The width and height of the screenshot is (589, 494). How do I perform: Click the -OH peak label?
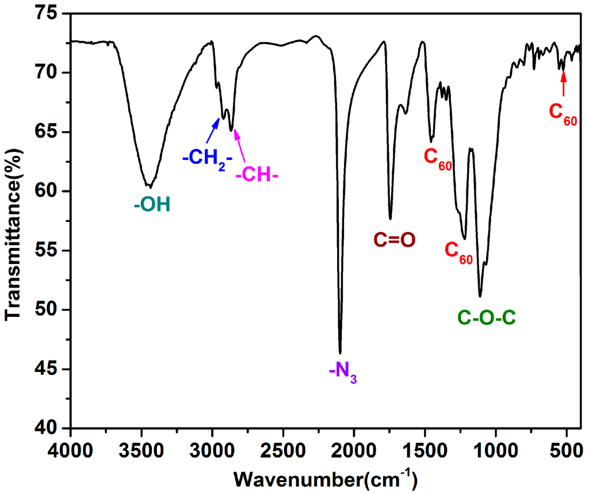pos(152,204)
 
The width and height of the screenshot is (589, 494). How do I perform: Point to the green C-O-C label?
pos(487,317)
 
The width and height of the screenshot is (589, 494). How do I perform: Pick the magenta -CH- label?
pos(257,174)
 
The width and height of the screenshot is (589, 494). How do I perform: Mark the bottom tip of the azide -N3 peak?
pos(341,353)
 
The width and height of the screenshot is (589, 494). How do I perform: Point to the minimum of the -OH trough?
pos(150,187)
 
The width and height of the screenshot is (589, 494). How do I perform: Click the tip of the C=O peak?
pos(390,219)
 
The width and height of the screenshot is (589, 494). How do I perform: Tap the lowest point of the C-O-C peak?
pos(480,296)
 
